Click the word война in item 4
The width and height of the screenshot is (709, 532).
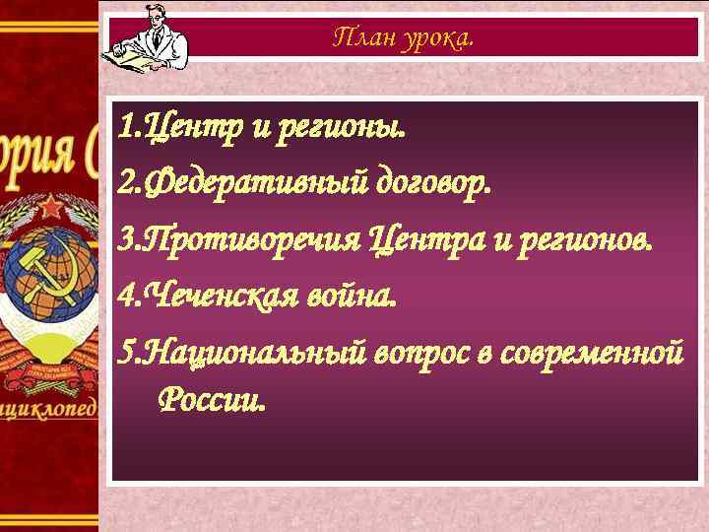tap(351, 295)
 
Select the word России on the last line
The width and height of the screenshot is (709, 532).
tap(211, 400)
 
